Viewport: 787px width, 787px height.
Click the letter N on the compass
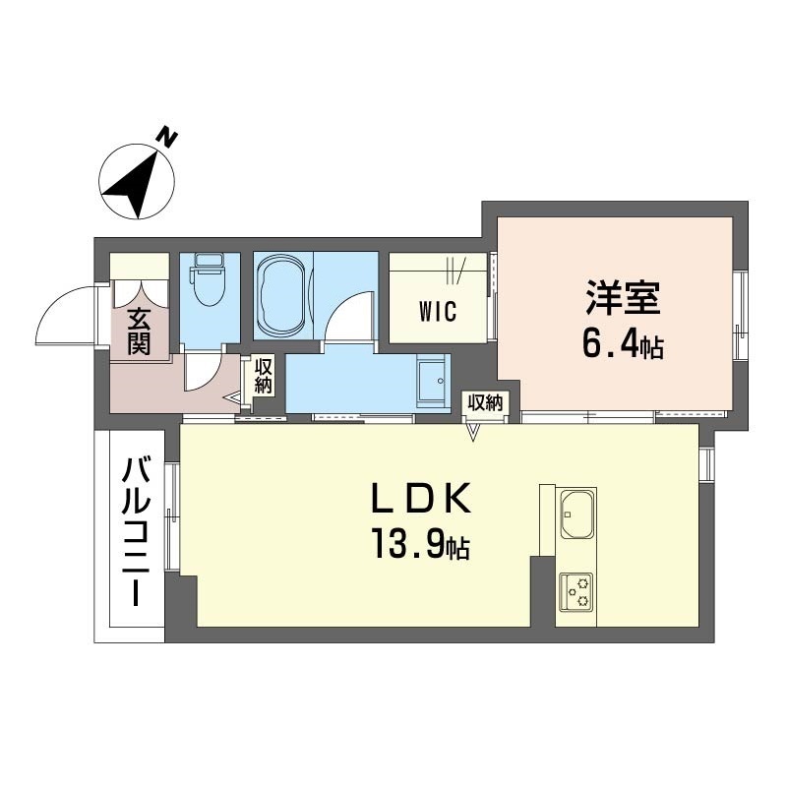(x=168, y=139)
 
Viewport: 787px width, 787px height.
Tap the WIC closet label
(x=438, y=311)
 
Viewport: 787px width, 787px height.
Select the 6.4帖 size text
(x=623, y=345)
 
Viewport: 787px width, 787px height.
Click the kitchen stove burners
(x=576, y=592)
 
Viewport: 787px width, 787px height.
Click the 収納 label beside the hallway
(x=263, y=376)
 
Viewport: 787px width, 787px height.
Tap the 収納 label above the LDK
(x=485, y=402)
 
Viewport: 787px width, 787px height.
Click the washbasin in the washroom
(x=431, y=380)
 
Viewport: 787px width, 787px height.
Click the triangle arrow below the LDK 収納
(x=473, y=432)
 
